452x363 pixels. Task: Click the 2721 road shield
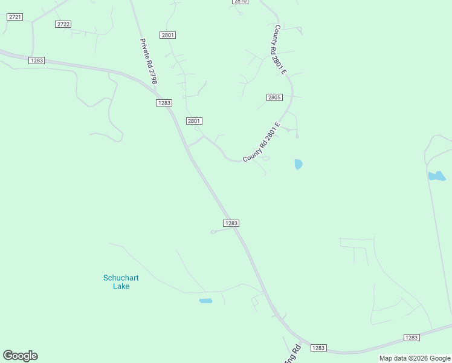coord(15,17)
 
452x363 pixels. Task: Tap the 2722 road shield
coord(63,24)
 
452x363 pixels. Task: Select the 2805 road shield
coord(274,97)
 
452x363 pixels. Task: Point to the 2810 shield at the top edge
coord(240,2)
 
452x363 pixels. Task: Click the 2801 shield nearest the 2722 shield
coord(168,35)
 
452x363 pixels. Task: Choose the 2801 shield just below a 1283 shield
coord(194,121)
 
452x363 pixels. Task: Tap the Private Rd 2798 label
coord(148,61)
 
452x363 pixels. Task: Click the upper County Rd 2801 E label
coord(280,50)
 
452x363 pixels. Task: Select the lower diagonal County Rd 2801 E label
coord(263,143)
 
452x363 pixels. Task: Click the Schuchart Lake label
coord(121,282)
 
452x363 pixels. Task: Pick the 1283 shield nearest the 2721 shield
coord(36,60)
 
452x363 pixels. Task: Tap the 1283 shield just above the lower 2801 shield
coord(164,103)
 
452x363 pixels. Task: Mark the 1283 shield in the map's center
coord(231,223)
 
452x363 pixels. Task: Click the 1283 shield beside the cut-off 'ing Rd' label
coord(318,348)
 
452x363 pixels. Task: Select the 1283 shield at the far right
coord(412,338)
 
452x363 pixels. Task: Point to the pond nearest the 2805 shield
coord(298,164)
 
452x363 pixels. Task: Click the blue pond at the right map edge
coord(436,176)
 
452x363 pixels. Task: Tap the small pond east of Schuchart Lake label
coord(205,301)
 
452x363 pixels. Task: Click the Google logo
coord(20,356)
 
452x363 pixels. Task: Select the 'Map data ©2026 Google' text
coord(415,359)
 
